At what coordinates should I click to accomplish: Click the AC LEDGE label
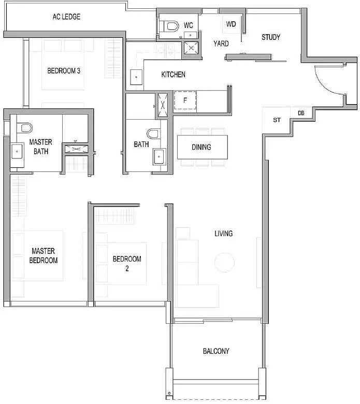point(66,17)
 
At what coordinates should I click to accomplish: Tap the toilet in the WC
point(171,26)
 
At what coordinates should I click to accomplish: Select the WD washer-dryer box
point(231,24)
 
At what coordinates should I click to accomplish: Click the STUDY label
point(271,37)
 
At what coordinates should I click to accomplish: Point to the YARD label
point(221,44)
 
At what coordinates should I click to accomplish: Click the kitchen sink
point(136,77)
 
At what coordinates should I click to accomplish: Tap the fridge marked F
point(185,100)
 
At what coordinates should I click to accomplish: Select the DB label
point(301,113)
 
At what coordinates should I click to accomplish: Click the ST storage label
point(277,120)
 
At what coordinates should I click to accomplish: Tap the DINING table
point(203,147)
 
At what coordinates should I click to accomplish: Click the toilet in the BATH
point(154,134)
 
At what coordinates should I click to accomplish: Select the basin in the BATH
point(159,156)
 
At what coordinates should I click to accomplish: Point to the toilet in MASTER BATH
point(24,127)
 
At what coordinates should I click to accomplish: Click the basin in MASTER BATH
point(17,151)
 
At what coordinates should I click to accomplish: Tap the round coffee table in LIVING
point(224,263)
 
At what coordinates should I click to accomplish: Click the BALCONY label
point(216,351)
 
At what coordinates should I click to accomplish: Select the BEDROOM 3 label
point(64,70)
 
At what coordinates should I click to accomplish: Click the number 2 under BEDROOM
point(127,268)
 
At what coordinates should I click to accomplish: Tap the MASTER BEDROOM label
point(44,255)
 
